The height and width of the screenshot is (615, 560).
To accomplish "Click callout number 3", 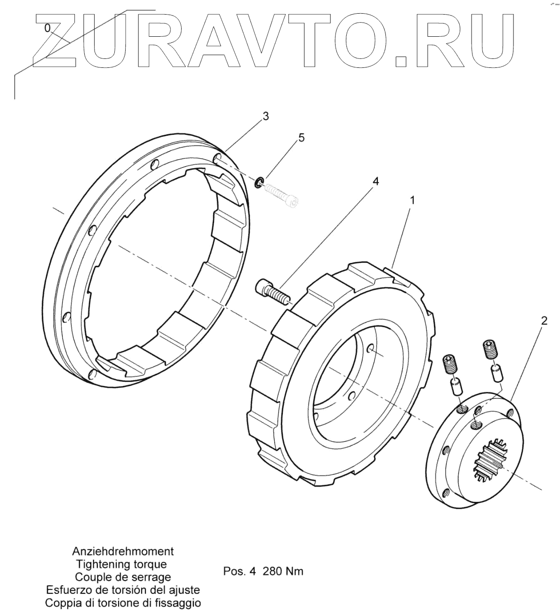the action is click(x=266, y=116).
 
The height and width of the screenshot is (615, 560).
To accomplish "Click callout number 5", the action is click(x=301, y=138).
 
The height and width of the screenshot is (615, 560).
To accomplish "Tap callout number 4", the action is click(x=375, y=181).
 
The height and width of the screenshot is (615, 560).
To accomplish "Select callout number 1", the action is click(x=412, y=200).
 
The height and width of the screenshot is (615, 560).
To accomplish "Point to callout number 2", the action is click(x=544, y=321).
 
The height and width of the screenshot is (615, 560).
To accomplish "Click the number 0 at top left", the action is click(x=47, y=28).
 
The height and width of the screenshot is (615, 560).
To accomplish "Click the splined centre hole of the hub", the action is click(x=489, y=459).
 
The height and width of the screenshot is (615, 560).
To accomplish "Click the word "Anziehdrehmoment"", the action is click(x=123, y=551).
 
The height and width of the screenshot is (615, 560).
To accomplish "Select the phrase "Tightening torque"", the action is click(x=121, y=564).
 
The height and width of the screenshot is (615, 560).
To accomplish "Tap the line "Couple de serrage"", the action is click(x=123, y=577).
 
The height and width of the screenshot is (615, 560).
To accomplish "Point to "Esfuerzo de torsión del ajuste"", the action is click(x=123, y=590).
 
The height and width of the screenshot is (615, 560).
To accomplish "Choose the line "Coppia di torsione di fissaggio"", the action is click(x=123, y=603).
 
